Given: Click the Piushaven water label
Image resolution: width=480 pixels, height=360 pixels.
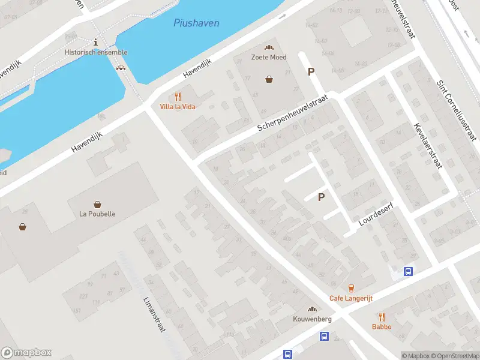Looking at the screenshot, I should pyautogui.click(x=196, y=23).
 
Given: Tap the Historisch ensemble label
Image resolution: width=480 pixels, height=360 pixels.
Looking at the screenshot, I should pyautogui.click(x=96, y=52).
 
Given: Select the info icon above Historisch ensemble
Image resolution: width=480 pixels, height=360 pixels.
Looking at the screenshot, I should pyautogui.click(x=96, y=41).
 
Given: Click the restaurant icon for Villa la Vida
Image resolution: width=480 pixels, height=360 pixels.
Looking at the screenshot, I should pyautogui.click(x=178, y=97).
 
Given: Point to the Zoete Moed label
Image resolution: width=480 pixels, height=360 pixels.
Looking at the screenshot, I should pyautogui.click(x=269, y=58).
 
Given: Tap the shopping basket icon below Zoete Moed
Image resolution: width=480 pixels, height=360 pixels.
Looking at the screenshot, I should pyautogui.click(x=269, y=79).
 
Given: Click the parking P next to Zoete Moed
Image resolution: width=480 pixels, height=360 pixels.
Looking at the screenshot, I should pyautogui.click(x=311, y=71).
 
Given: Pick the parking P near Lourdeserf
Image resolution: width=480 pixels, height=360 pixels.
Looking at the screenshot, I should pyautogui.click(x=321, y=197).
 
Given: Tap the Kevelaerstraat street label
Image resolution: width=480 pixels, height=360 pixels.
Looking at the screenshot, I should pyautogui.click(x=427, y=146).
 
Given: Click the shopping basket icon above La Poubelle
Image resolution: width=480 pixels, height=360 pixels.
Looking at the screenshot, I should pyautogui.click(x=97, y=205).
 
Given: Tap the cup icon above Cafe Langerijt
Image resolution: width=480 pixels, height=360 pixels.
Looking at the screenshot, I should pyautogui.click(x=352, y=289).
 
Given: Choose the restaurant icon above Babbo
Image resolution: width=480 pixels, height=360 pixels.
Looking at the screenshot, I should pyautogui.click(x=382, y=317).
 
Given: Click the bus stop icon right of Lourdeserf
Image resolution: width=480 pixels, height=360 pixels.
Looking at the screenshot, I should pyautogui.click(x=408, y=271).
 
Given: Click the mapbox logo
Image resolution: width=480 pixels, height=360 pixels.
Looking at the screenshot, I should pyautogui.click(x=26, y=352).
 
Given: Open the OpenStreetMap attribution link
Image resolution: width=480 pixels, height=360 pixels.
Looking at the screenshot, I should pyautogui.click(x=454, y=356).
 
